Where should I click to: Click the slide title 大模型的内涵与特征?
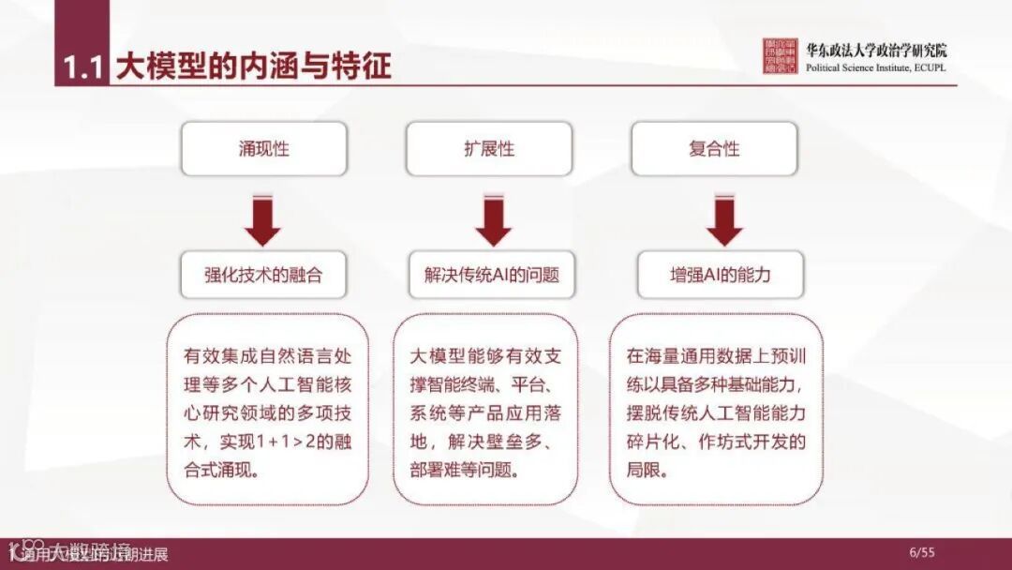tap(253, 67)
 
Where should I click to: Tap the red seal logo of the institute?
tap(780, 56)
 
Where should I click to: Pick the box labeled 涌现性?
tap(263, 149)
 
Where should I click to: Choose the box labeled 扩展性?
tap(488, 149)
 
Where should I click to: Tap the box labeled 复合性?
tap(714, 149)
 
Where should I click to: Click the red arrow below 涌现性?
tap(263, 220)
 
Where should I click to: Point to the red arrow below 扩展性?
tap(493, 220)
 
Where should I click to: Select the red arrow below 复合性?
tap(724, 220)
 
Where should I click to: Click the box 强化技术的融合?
tap(263, 276)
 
